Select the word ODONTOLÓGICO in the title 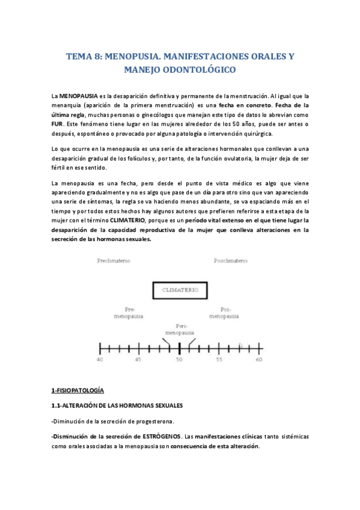point(195,70)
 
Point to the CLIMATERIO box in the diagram point(180,290)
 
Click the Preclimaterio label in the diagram point(113,261)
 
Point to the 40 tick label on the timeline point(100,360)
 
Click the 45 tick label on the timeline point(139,360)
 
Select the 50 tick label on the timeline point(179,360)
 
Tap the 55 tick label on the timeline point(219,360)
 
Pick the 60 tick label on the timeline point(259,360)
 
